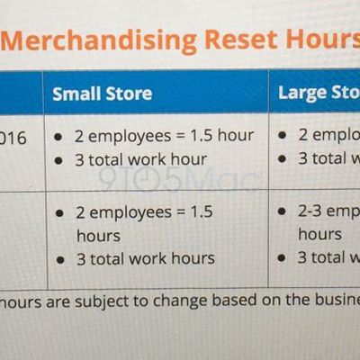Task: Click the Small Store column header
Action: tap(102, 93)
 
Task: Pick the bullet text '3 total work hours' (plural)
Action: tap(145, 258)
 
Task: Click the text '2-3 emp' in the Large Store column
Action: tap(328, 213)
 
